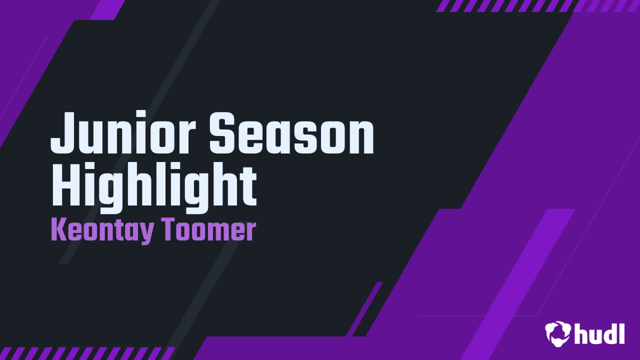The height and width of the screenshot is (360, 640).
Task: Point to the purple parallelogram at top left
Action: click(107, 9)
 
